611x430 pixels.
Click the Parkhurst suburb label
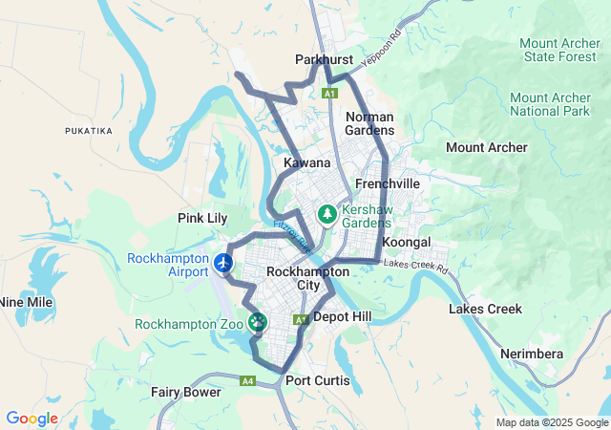click(324, 59)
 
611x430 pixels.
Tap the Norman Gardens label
click(369, 123)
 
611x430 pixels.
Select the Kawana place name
click(306, 163)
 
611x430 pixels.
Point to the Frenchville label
click(387, 183)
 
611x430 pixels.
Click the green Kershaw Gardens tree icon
click(327, 214)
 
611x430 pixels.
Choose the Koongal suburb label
click(407, 242)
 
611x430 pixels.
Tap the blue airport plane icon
click(224, 262)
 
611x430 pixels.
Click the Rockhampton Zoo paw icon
click(257, 323)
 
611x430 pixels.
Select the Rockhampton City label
click(294, 278)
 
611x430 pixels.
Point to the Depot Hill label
click(348, 315)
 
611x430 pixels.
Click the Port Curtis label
click(318, 380)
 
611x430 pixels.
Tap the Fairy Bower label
click(186, 392)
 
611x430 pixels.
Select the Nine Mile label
click(26, 302)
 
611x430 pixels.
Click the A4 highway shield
click(248, 380)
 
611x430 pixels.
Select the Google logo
click(32, 419)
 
